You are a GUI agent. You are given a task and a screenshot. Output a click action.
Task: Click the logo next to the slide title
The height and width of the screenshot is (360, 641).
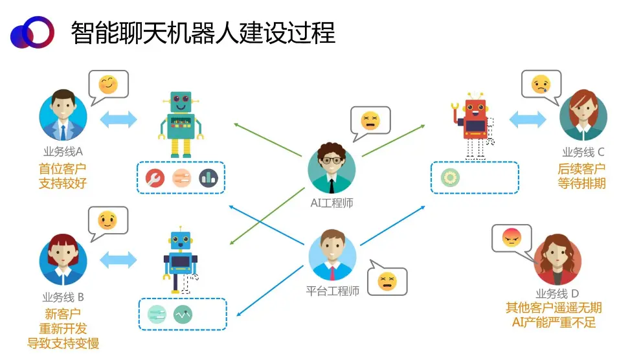[x=30, y=32]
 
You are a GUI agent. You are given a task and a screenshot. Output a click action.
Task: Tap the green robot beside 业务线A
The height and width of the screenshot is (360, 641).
[x=181, y=124]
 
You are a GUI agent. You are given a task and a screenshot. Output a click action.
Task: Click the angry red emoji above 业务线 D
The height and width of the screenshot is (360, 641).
[x=512, y=239]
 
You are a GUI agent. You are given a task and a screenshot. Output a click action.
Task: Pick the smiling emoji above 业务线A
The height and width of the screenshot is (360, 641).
[x=108, y=85]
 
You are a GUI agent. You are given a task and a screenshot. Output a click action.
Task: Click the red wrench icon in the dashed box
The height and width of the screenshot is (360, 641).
[x=155, y=177]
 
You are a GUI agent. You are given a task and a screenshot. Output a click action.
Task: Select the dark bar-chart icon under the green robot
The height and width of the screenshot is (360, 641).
[x=208, y=177]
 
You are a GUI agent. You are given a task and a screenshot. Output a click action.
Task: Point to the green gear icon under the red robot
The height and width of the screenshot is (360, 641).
[x=449, y=177]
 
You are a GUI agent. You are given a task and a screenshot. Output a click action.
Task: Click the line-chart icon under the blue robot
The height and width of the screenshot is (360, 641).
[x=183, y=315]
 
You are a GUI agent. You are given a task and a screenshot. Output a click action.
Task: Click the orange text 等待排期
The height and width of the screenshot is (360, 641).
[x=581, y=183]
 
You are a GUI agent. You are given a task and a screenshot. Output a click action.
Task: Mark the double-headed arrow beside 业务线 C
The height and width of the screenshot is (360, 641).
[x=528, y=119]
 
